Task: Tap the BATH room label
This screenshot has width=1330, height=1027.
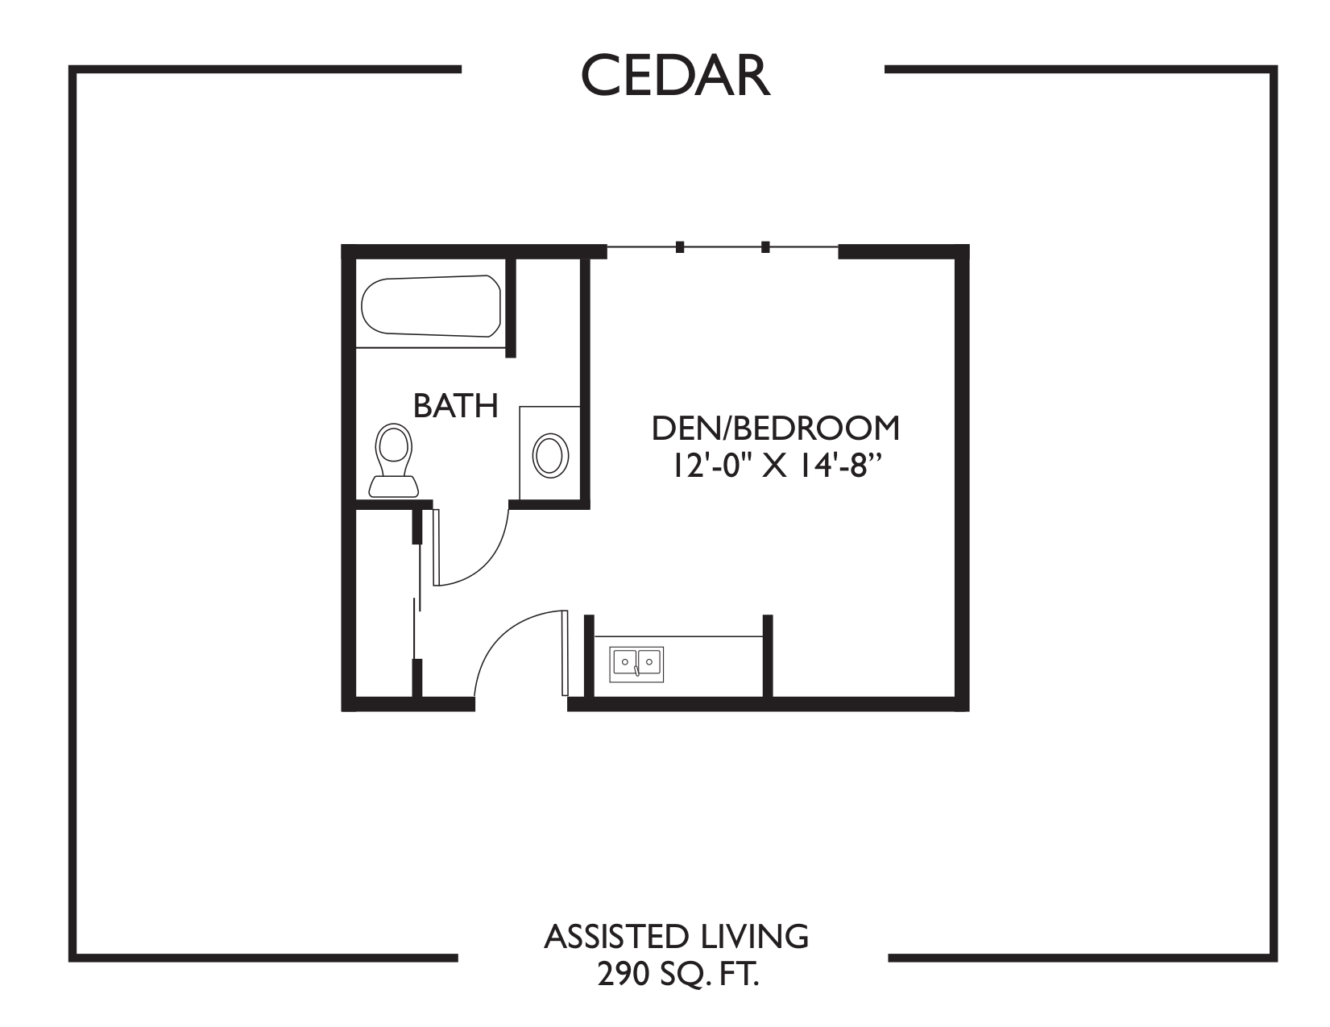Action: tap(456, 406)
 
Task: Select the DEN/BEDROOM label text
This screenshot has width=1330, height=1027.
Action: tap(776, 429)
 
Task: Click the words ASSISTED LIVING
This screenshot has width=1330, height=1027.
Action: tap(677, 937)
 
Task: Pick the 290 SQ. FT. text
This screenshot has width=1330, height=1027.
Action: tap(677, 975)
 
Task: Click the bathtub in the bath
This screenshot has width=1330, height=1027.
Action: tap(431, 305)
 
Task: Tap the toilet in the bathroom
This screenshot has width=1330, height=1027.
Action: tap(394, 460)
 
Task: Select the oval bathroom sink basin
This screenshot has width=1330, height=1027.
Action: tap(550, 456)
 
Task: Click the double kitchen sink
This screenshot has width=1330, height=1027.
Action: tap(636, 664)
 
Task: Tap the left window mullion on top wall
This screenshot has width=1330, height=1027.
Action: tap(679, 247)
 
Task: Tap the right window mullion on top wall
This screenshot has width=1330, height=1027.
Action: tap(765, 247)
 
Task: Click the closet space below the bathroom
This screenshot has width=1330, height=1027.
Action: tap(386, 603)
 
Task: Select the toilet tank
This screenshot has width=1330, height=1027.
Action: tap(394, 487)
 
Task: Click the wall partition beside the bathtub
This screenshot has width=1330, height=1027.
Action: tap(511, 308)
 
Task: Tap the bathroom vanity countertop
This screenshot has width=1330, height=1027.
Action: tap(549, 453)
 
